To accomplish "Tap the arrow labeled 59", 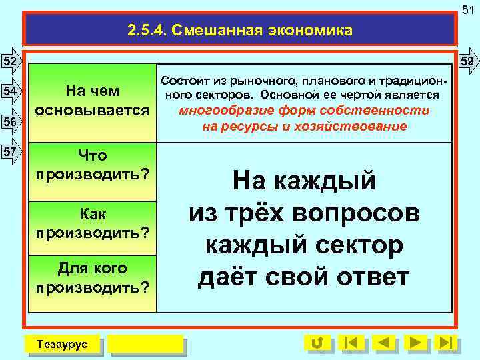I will click(468, 61).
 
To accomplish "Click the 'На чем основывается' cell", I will click(93, 101).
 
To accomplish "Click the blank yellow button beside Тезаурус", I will click(145, 344).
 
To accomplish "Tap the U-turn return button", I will click(317, 343).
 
